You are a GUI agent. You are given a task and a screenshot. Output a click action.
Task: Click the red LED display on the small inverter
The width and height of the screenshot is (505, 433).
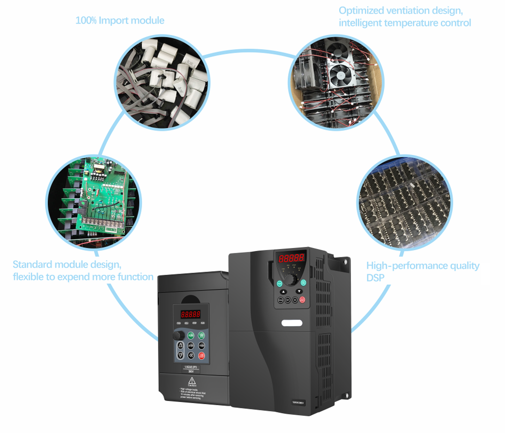(x=191, y=314)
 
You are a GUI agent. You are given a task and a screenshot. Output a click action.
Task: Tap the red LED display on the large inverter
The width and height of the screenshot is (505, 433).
(x=291, y=259)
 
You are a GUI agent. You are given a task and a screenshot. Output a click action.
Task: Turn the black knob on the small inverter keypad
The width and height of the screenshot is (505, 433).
(x=179, y=335)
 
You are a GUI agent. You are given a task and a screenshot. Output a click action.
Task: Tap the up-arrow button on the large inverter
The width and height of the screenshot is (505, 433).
(x=282, y=291)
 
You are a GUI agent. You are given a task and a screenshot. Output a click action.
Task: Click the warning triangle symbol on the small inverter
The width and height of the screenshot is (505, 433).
(x=193, y=380)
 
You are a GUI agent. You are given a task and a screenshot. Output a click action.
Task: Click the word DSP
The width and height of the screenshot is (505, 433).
(x=376, y=277)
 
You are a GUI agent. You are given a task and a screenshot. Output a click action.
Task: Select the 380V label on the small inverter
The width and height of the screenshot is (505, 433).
(x=192, y=371)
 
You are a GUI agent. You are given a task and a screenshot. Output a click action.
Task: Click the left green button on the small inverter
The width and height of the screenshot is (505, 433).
(x=190, y=335)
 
